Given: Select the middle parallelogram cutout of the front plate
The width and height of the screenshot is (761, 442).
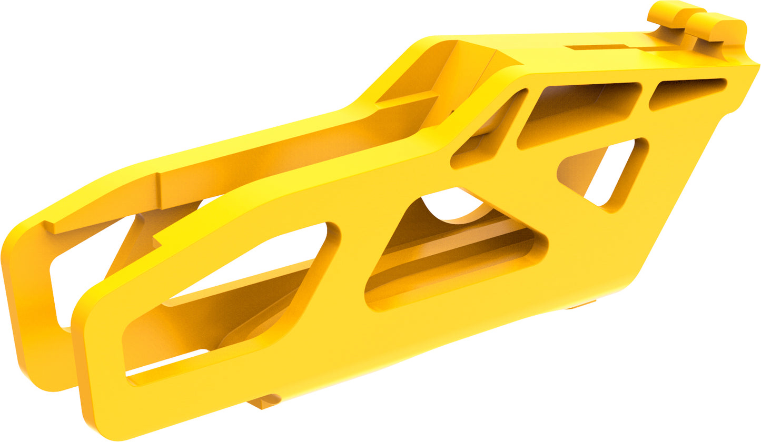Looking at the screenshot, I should [453, 247].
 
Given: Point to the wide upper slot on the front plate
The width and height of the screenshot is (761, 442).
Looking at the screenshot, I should [579, 110].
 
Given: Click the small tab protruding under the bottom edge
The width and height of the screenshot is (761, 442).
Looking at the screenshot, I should [263, 403].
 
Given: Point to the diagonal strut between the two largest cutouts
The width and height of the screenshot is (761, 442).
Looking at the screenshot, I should [348, 274].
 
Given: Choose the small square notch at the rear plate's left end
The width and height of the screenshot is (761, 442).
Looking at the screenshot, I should [50, 227].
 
